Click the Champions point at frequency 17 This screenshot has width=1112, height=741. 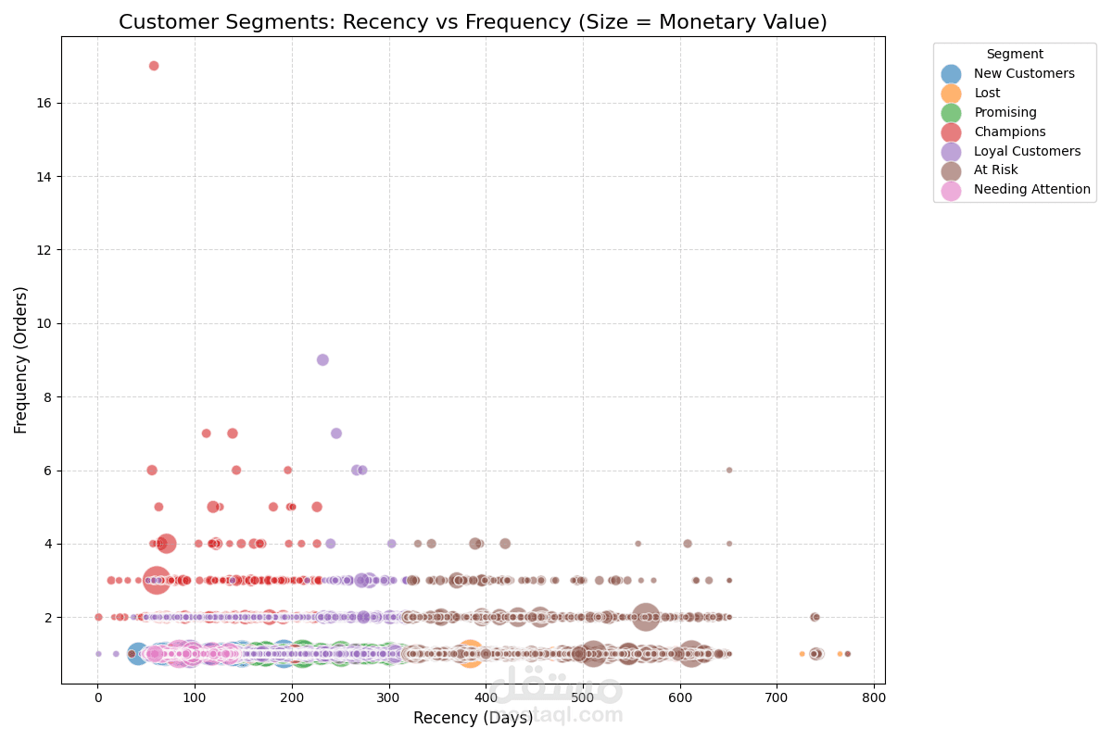pyautogui.click(x=154, y=66)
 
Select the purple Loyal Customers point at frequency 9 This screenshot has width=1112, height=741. pyautogui.click(x=322, y=359)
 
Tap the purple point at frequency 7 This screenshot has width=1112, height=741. pyautogui.click(x=336, y=433)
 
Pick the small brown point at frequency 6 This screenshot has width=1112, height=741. pyautogui.click(x=729, y=470)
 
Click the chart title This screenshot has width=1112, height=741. pyautogui.click(x=473, y=22)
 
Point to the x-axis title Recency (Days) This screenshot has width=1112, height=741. pyautogui.click(x=473, y=718)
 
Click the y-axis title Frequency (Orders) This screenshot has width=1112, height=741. pyautogui.click(x=21, y=359)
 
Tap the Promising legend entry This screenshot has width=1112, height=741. pyautogui.click(x=1006, y=113)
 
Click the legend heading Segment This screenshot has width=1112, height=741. pyautogui.click(x=1015, y=55)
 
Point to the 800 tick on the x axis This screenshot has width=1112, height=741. pyautogui.click(x=874, y=697)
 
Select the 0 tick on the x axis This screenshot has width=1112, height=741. pyautogui.click(x=98, y=697)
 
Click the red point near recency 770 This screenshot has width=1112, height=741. pyautogui.click(x=847, y=654)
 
